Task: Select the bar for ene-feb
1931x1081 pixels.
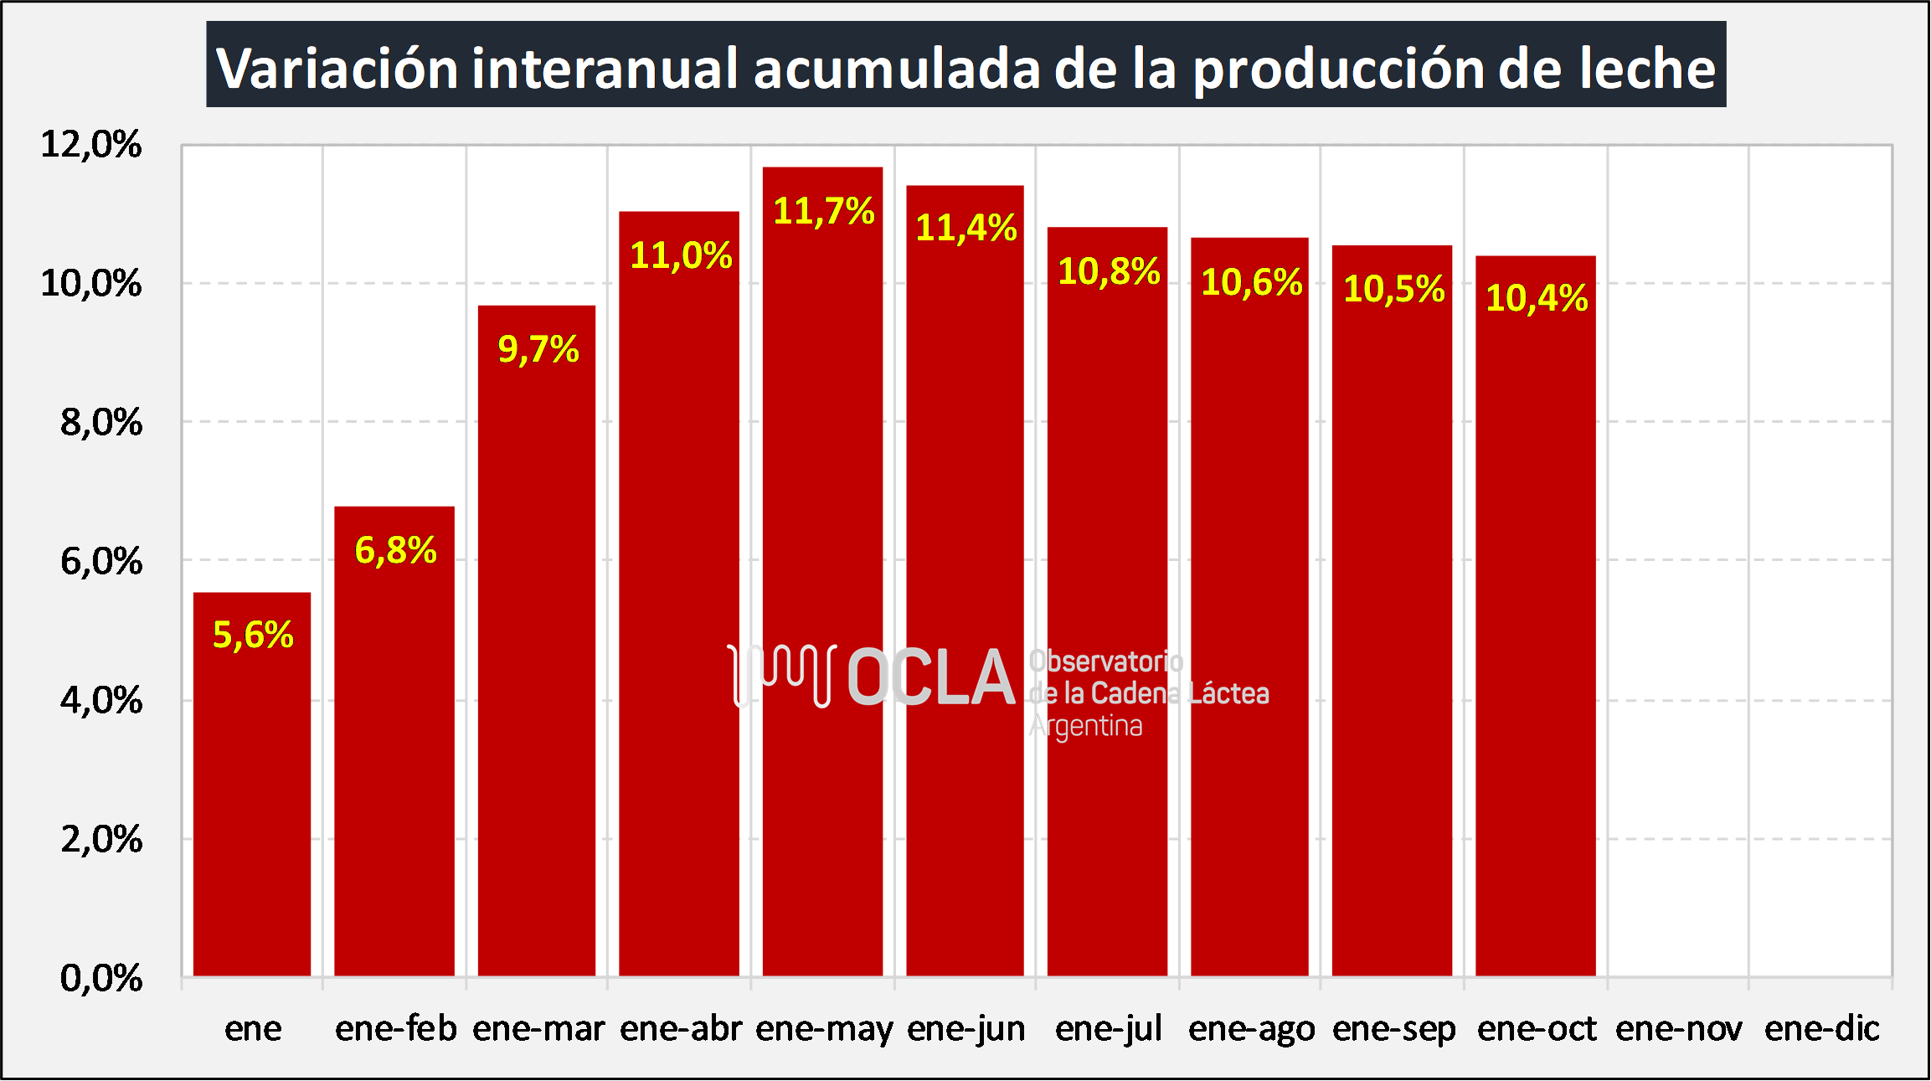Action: (394, 754)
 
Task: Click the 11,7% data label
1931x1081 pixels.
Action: (823, 211)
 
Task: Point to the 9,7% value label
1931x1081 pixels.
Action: (538, 349)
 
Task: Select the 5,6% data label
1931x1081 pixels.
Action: (253, 635)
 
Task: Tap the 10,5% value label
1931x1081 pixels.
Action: (1393, 289)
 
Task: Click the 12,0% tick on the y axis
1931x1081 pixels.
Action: (91, 145)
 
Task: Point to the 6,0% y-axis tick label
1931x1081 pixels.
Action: (100, 561)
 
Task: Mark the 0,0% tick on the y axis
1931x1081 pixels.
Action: (100, 977)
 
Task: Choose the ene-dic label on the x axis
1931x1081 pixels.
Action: (1821, 1028)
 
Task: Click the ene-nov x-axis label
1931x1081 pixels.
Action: (1678, 1028)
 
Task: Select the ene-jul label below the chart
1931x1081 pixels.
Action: (1108, 1028)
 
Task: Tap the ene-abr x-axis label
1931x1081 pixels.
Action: (681, 1028)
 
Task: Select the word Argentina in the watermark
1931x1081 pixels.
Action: (1085, 726)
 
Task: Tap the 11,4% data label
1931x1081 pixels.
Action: (965, 228)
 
